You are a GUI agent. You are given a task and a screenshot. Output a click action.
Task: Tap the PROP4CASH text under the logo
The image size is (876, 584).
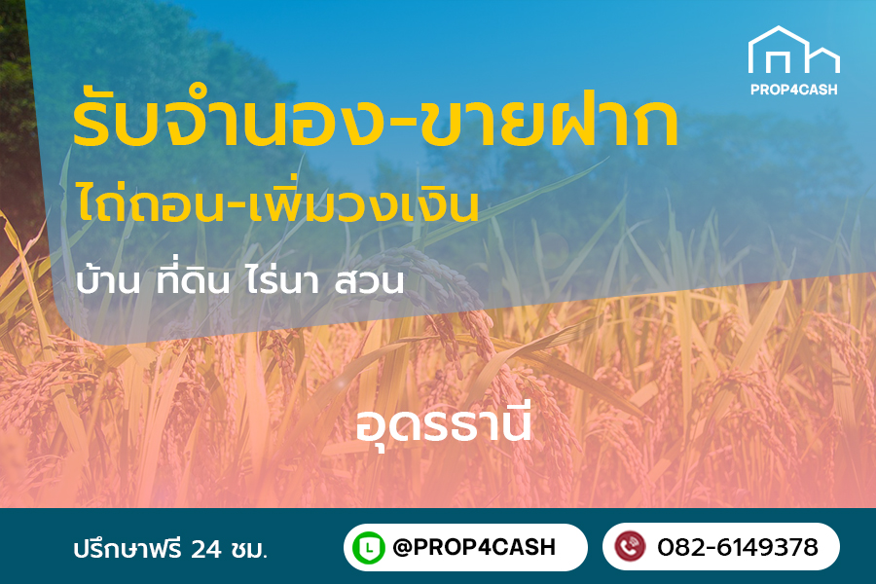793,90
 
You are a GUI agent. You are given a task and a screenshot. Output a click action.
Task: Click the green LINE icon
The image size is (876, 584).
369,547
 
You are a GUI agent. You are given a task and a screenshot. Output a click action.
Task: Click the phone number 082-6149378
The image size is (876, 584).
737,547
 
